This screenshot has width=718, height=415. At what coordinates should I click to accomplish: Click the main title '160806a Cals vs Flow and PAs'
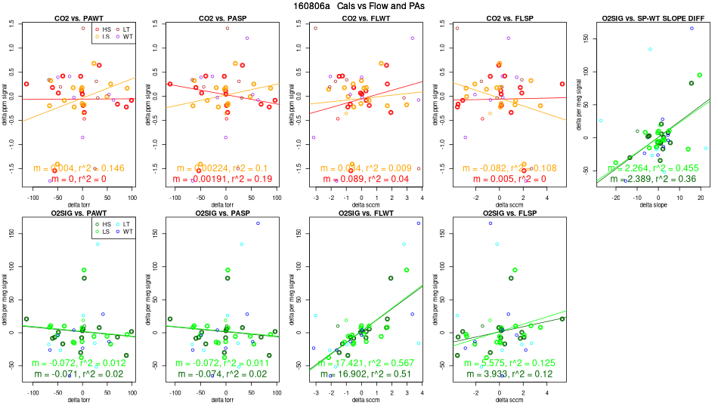tap(357, 5)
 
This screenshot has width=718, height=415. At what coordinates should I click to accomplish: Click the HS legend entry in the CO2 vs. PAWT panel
tap(104, 28)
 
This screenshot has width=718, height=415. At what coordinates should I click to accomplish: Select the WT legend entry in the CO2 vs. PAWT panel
tap(128, 36)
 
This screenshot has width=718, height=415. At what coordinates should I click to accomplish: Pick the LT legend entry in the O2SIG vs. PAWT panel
tap(128, 224)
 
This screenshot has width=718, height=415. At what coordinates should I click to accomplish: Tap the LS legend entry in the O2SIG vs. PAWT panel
tap(104, 232)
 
